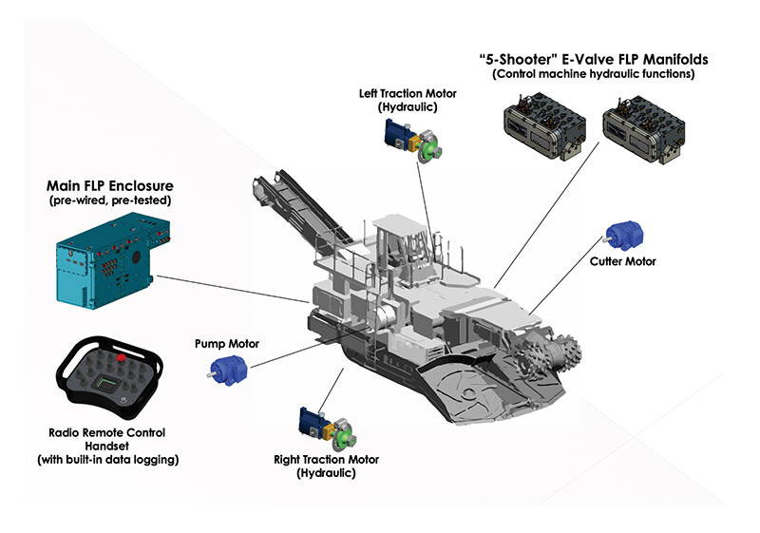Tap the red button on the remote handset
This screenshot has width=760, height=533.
tap(122, 358)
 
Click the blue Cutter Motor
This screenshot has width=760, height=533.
tap(625, 234)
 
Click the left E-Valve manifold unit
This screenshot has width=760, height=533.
tap(545, 132)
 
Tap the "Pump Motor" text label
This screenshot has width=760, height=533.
tap(226, 343)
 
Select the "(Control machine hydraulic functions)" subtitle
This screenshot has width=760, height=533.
tap(594, 74)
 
